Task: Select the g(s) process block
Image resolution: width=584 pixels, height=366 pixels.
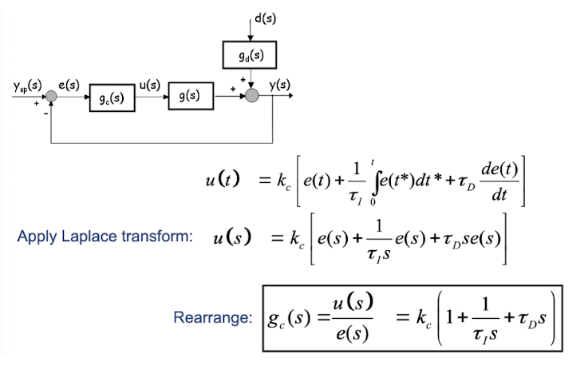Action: pyautogui.click(x=190, y=96)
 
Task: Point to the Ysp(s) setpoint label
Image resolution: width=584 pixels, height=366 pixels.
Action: pyautogui.click(x=27, y=84)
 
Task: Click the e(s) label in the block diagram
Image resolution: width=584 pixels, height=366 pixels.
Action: pyautogui.click(x=68, y=84)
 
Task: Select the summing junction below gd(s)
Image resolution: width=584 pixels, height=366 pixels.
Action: pyautogui.click(x=252, y=96)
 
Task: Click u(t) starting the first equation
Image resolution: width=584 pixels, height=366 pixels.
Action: pyautogui.click(x=221, y=181)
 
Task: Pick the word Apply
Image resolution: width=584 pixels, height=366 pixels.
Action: pyautogui.click(x=36, y=237)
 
